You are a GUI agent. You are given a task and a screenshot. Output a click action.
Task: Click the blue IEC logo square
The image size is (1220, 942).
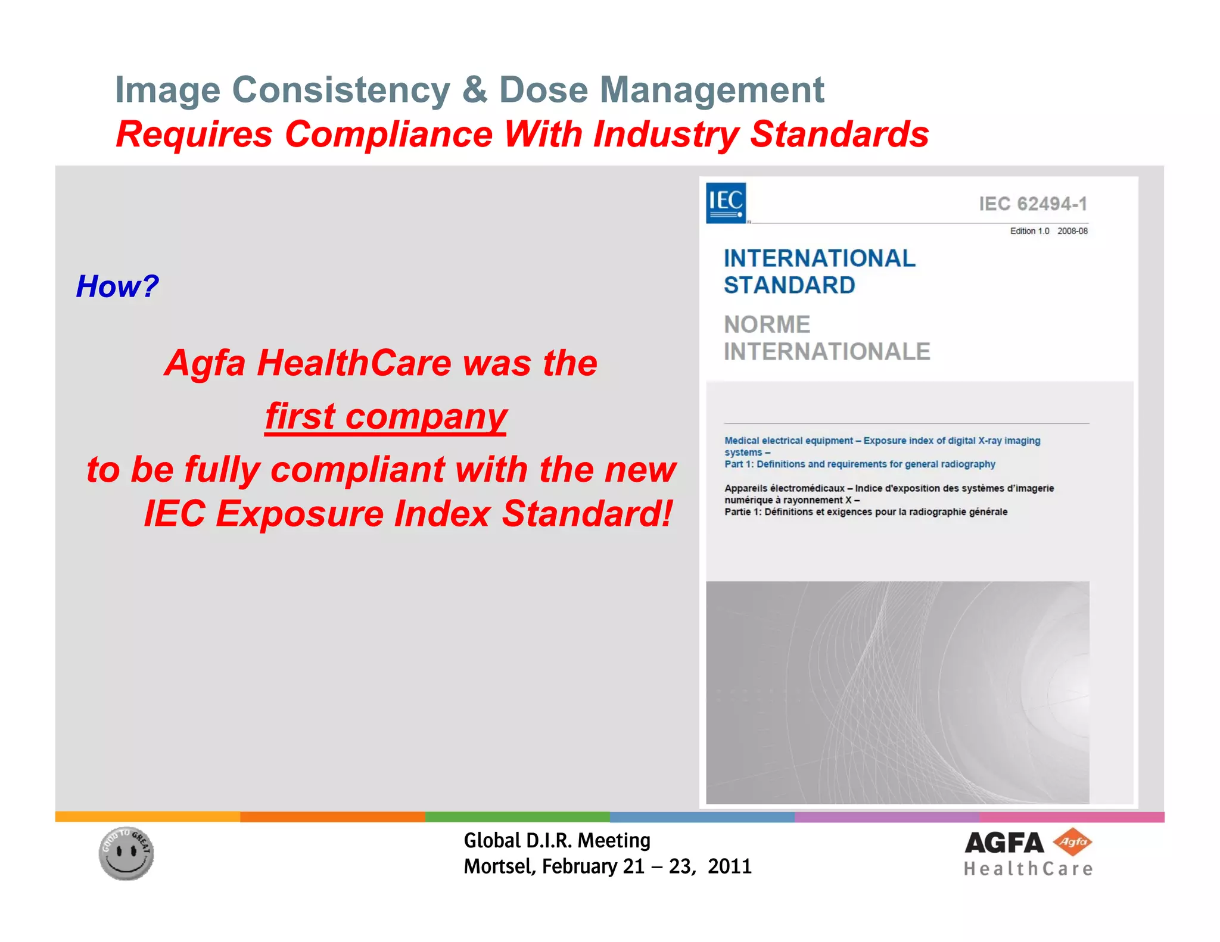click(x=726, y=203)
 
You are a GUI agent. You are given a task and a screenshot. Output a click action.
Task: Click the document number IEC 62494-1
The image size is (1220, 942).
click(x=1033, y=204)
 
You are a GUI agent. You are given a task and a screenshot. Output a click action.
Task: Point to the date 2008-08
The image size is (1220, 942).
click(x=1072, y=231)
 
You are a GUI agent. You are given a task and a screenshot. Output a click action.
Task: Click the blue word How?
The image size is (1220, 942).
click(x=117, y=286)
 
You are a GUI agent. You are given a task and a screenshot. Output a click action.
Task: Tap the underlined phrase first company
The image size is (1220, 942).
click(x=386, y=416)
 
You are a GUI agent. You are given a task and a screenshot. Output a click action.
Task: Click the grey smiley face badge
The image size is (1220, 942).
click(x=126, y=853)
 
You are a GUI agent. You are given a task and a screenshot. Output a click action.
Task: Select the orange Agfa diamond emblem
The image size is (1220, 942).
click(x=1072, y=842)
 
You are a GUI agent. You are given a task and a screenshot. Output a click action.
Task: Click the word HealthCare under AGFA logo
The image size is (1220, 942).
click(x=1028, y=869)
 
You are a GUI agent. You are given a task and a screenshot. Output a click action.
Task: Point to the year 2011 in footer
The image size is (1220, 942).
click(x=730, y=866)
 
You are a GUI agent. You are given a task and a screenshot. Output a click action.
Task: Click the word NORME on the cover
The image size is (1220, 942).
click(x=767, y=325)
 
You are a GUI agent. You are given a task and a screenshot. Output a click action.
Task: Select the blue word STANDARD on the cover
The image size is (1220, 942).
click(x=789, y=285)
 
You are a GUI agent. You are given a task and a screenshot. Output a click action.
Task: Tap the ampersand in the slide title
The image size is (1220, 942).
click(x=474, y=90)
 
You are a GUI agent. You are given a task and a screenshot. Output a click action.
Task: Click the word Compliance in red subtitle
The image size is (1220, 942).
click(x=388, y=134)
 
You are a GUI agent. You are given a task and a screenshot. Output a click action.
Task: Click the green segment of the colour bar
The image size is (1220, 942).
click(x=517, y=816)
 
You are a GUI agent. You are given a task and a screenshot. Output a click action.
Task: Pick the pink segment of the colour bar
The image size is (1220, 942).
click(x=1071, y=816)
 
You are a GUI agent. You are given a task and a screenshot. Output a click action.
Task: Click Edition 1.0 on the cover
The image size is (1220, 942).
click(x=1029, y=231)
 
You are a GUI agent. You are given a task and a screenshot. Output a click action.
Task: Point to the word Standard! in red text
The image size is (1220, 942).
click(x=587, y=513)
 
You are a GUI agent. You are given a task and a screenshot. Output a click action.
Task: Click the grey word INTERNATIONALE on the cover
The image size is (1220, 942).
click(x=827, y=351)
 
